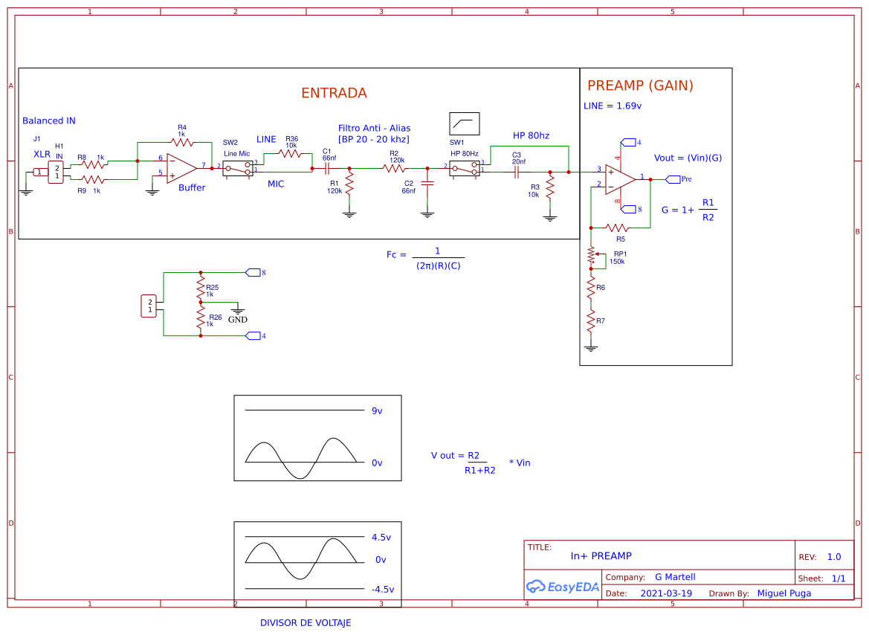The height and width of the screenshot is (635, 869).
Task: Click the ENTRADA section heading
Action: tap(334, 93)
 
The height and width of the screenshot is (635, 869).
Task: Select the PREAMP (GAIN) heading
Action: tap(640, 86)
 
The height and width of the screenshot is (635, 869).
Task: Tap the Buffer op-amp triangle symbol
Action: tap(181, 169)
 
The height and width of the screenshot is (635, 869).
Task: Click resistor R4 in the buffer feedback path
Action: tap(181, 141)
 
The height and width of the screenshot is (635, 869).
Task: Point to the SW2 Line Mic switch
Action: tap(238, 168)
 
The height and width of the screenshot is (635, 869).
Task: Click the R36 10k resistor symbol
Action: tap(290, 154)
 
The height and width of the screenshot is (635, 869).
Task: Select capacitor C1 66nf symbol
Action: tap(327, 169)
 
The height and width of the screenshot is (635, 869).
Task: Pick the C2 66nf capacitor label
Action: tap(409, 187)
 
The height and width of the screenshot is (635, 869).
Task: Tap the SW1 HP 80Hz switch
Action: tap(465, 168)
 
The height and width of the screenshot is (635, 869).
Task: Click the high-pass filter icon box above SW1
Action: tap(465, 123)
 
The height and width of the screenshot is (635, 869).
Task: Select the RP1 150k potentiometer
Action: tap(592, 256)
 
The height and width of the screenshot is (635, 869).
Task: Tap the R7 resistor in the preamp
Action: tap(591, 320)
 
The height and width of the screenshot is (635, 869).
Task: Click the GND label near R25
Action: tap(237, 320)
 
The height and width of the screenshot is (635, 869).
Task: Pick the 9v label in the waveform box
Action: tap(377, 410)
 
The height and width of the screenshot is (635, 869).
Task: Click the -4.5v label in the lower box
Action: tap(382, 589)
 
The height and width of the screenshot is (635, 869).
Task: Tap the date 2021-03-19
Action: tap(665, 593)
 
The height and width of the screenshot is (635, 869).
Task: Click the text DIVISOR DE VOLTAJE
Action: tap(305, 623)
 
